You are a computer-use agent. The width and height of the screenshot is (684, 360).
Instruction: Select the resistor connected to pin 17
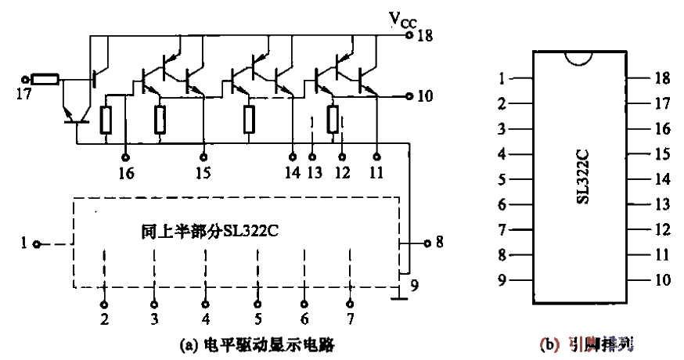pos(46,79)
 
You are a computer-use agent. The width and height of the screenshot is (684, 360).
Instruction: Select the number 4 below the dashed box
pos(206,319)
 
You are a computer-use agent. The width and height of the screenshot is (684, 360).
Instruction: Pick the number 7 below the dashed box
pos(351,319)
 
